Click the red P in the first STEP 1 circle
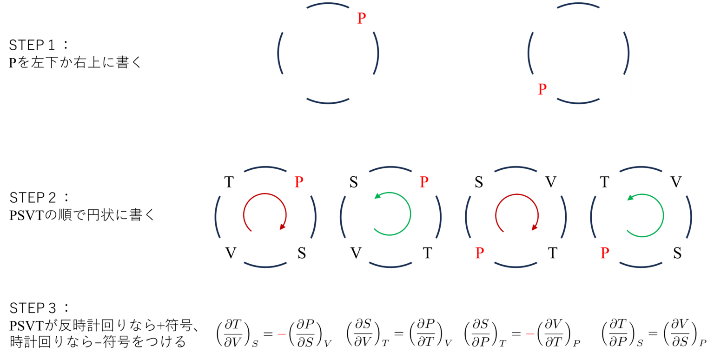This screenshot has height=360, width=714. pyautogui.click(x=362, y=18)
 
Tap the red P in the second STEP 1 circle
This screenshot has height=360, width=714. pyautogui.click(x=542, y=89)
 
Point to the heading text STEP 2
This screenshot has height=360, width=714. pyautogui.click(x=33, y=198)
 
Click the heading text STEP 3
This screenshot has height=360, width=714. pyautogui.click(x=33, y=308)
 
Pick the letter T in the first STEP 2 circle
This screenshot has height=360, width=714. pyautogui.click(x=229, y=182)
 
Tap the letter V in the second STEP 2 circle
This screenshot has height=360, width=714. pyautogui.click(x=356, y=253)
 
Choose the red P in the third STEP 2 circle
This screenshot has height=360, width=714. pyautogui.click(x=480, y=253)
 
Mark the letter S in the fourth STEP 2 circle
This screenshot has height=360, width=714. pyautogui.click(x=677, y=253)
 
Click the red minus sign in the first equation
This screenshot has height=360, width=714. pyautogui.click(x=282, y=334)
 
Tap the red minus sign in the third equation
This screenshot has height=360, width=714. pyautogui.click(x=530, y=334)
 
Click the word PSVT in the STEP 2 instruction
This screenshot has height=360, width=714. pyautogui.click(x=26, y=216)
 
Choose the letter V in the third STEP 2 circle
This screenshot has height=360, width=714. pyautogui.click(x=551, y=182)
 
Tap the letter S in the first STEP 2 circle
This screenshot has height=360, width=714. pyautogui.click(x=302, y=253)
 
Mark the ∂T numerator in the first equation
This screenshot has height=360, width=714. pyautogui.click(x=233, y=325)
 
